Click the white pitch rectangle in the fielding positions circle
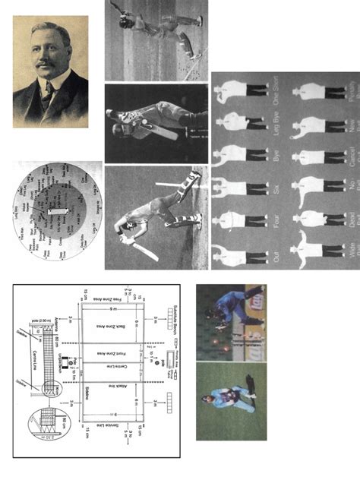58,207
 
